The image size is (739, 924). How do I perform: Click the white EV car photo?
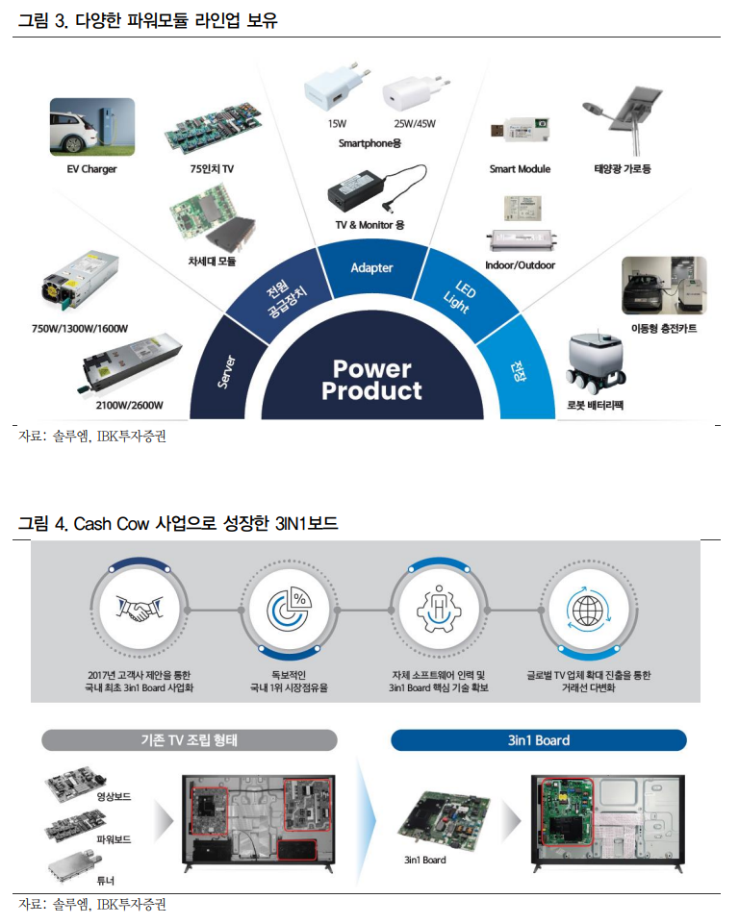92,127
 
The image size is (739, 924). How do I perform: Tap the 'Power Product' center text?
371,380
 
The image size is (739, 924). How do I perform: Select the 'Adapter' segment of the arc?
371,267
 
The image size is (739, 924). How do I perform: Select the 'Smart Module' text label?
520,169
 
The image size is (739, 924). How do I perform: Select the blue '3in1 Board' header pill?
538,740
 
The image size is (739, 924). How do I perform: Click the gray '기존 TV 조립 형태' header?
190,740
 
